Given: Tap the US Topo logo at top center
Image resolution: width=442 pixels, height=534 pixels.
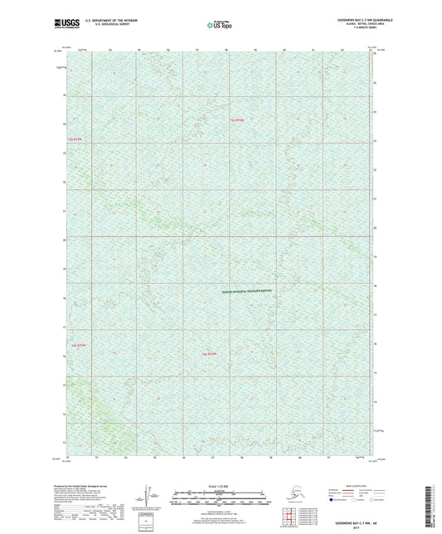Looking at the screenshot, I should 219,26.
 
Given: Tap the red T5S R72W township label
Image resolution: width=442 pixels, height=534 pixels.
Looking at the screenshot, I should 238,122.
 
